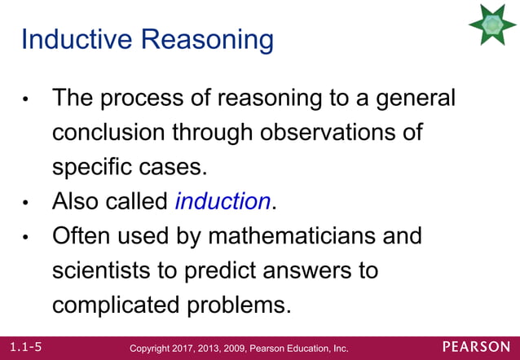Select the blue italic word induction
tap(222, 201)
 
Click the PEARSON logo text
tap(478, 347)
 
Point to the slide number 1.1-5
tap(21, 347)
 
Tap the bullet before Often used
tap(27, 238)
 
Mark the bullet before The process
tap(27, 100)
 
